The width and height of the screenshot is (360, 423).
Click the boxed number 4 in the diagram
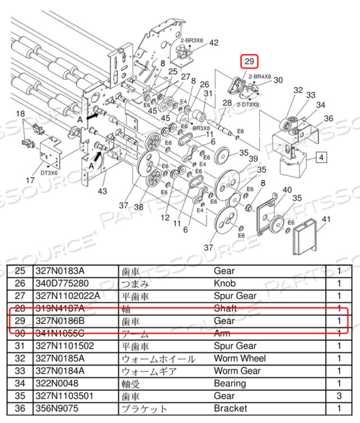tap(322, 157)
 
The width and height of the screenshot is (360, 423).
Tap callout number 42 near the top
tap(198, 43)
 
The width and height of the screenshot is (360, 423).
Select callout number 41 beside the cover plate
tap(326, 219)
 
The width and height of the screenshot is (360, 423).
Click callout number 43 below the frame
tap(102, 192)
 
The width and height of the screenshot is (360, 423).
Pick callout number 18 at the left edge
tap(21, 114)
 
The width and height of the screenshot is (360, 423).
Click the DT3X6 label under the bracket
tap(49, 173)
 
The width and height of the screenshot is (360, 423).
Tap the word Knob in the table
tap(225, 283)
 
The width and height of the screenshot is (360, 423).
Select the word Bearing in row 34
tap(229, 384)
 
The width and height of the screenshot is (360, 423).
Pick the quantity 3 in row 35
tap(339, 396)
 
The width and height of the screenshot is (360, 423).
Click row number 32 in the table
tap(22, 358)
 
